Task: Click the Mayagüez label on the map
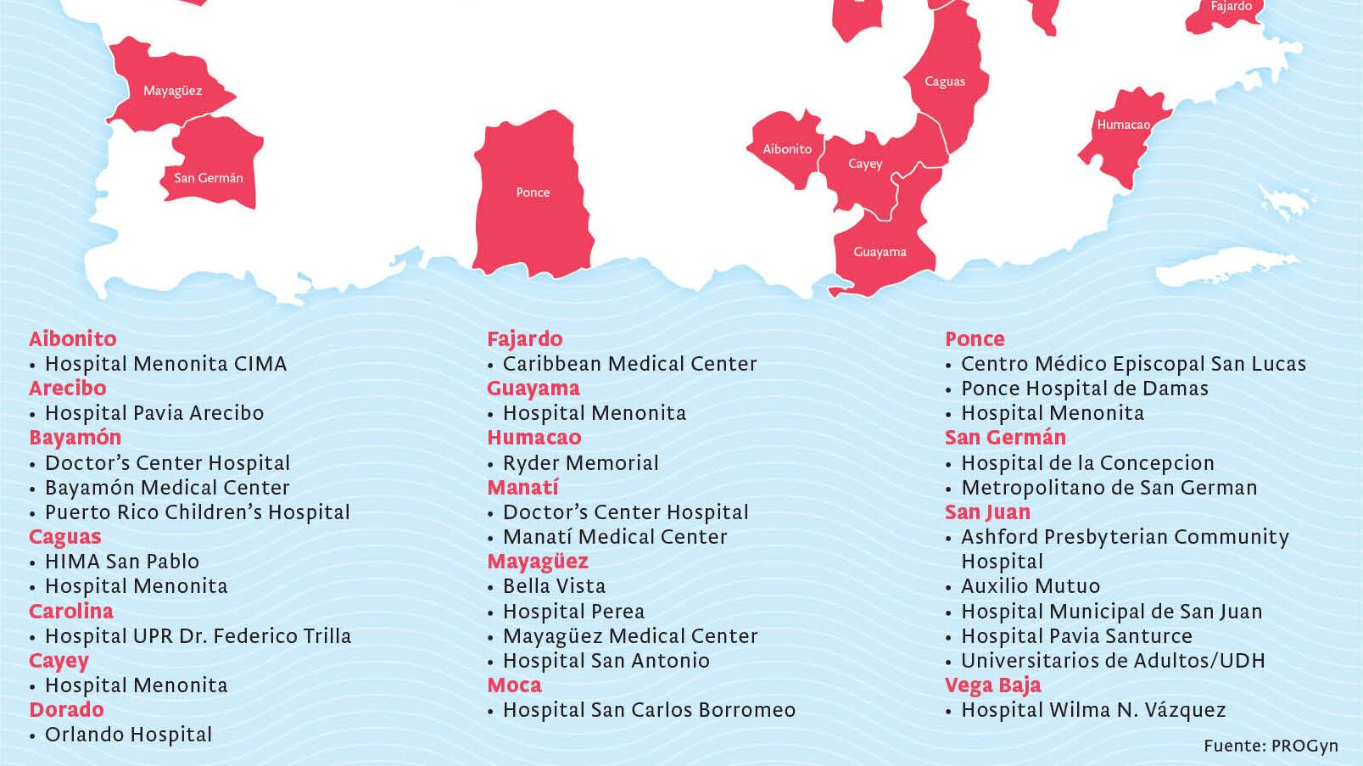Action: tap(172, 91)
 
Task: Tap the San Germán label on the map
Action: tap(209, 178)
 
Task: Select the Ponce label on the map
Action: tap(533, 193)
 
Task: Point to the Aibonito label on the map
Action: tap(787, 149)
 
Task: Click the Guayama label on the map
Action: tap(880, 252)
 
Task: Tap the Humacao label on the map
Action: tap(1123, 125)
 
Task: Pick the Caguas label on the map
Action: tap(945, 81)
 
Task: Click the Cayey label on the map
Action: tap(865, 164)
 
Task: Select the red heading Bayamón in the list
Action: tap(75, 438)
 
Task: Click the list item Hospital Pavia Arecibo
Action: tap(154, 413)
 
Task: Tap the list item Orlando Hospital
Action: tap(128, 735)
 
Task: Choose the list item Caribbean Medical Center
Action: tap(629, 364)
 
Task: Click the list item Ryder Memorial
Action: tap(580, 463)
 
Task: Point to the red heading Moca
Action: tap(514, 685)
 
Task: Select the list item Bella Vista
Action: tap(554, 586)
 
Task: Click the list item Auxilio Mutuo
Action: tap(1030, 586)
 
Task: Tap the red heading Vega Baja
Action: tap(992, 685)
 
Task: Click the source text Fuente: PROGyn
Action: tap(1271, 746)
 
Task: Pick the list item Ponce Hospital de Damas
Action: tap(1084, 389)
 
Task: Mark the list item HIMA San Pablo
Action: tap(121, 562)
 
